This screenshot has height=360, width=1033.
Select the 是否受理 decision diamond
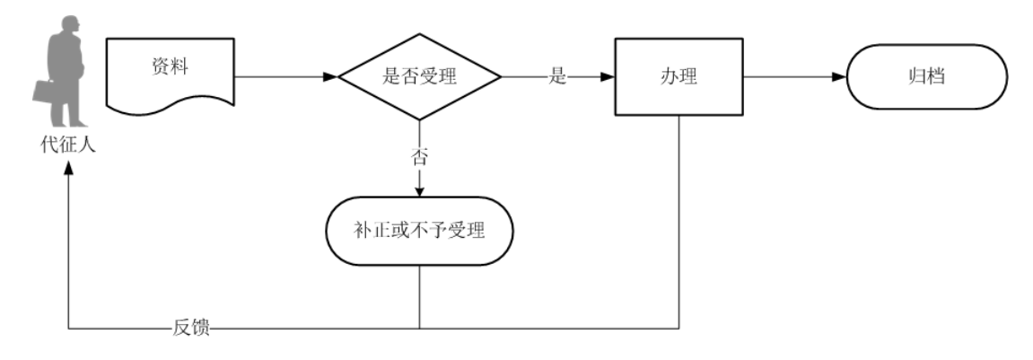click(419, 77)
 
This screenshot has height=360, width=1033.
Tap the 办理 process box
click(678, 77)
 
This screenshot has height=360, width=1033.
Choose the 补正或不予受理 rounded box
click(419, 231)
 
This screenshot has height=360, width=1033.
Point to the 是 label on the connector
click(557, 77)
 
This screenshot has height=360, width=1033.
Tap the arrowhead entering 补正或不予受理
click(419, 190)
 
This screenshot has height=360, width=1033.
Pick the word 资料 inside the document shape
click(170, 68)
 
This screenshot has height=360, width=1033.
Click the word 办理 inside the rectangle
click(678, 77)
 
